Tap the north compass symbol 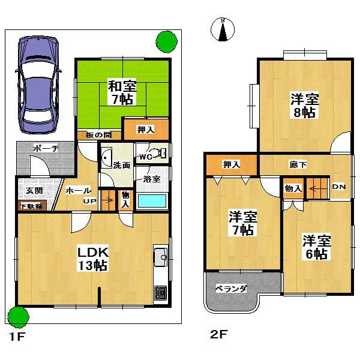[223, 30]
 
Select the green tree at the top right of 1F [166, 43]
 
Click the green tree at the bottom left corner [19, 316]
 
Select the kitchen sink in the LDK [161, 258]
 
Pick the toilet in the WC [161, 154]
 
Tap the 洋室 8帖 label [304, 104]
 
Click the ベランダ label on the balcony [232, 289]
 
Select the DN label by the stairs [339, 187]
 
